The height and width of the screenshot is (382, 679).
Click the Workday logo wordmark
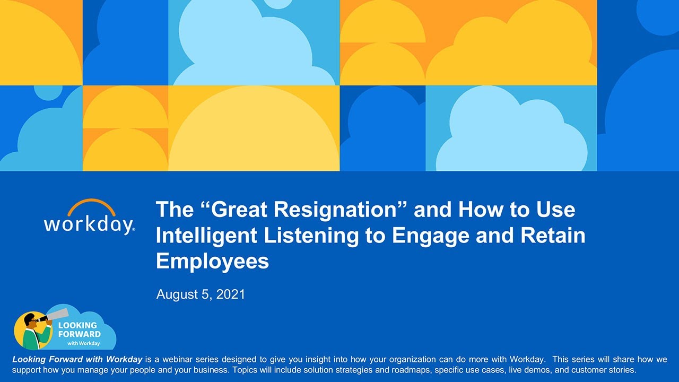pos(89,224)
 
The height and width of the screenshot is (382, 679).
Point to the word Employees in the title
pos(212,261)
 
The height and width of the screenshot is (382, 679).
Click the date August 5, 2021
pos(201,294)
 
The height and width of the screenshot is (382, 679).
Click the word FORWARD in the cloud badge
pos(80,334)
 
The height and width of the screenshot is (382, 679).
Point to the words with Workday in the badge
pos(83,343)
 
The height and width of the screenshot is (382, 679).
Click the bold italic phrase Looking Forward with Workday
pos(77,360)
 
